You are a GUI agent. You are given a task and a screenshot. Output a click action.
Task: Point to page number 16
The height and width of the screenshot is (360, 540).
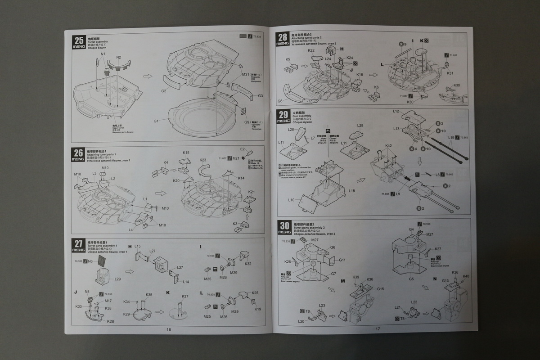point(169,329)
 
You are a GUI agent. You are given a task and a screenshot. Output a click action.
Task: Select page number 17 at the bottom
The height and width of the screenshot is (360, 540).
point(378,329)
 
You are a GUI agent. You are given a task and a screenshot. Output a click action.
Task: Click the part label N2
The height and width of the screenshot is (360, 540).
point(118,58)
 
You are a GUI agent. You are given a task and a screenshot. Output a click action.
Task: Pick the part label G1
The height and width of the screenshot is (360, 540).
point(156,121)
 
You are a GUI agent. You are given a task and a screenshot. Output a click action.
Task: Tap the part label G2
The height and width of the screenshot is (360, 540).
point(163,91)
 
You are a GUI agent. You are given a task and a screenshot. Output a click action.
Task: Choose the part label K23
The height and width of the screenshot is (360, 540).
point(203,160)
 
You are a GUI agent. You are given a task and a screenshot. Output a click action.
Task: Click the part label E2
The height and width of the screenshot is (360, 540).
point(242,149)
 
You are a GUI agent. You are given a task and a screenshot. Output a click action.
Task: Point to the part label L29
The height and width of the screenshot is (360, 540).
point(117,279)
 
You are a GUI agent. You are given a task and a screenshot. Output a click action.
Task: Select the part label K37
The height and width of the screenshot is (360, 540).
point(185,297)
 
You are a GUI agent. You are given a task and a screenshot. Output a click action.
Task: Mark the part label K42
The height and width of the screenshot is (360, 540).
point(389,146)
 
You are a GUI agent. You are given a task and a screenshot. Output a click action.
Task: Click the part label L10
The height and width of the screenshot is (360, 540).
point(291,200)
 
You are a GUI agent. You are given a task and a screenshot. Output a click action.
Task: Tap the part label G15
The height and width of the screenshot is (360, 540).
point(380,289)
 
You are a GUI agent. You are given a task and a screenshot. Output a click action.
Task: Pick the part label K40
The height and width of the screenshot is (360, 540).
point(466,276)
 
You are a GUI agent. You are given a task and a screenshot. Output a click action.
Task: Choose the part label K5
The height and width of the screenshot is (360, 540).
point(288,59)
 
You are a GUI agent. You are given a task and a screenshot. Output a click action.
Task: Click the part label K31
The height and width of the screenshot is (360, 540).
point(450,73)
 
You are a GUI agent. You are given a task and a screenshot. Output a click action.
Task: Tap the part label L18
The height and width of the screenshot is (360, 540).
point(351,191)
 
